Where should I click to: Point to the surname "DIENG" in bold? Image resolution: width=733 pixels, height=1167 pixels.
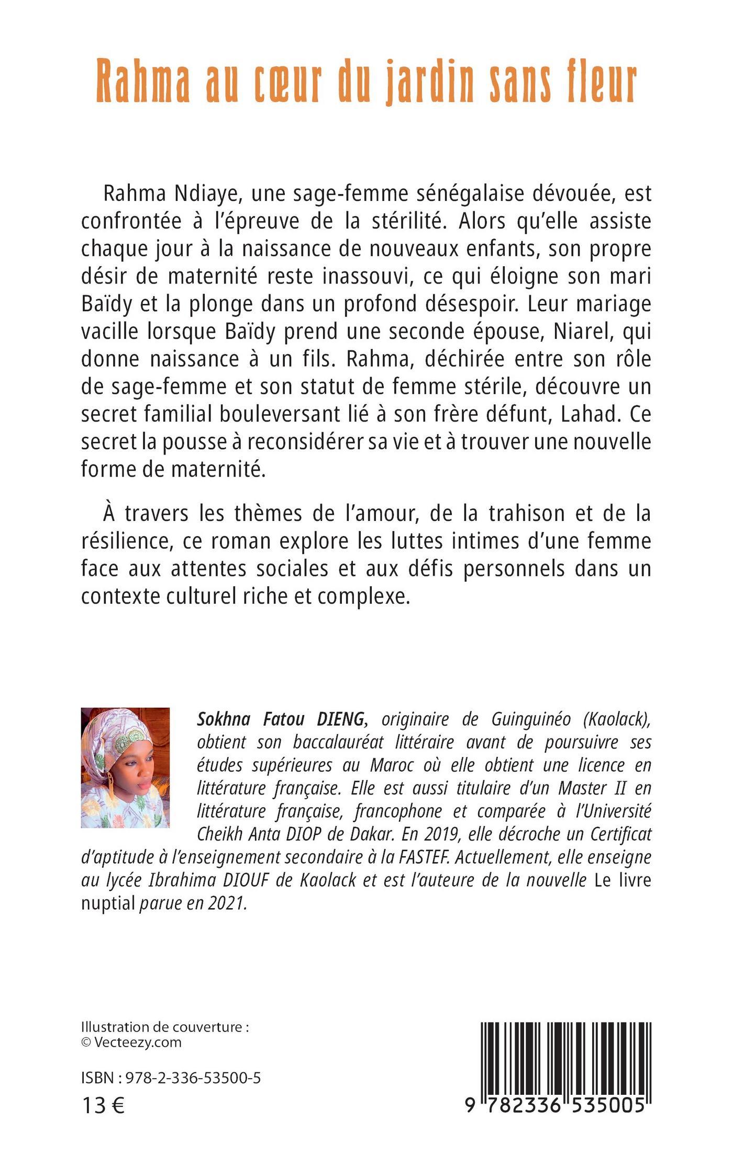pyautogui.click(x=340, y=720)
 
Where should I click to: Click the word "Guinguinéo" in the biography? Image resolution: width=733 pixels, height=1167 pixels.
pyautogui.click(x=530, y=720)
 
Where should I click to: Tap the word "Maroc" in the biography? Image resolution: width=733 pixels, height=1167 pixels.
pyautogui.click(x=392, y=765)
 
